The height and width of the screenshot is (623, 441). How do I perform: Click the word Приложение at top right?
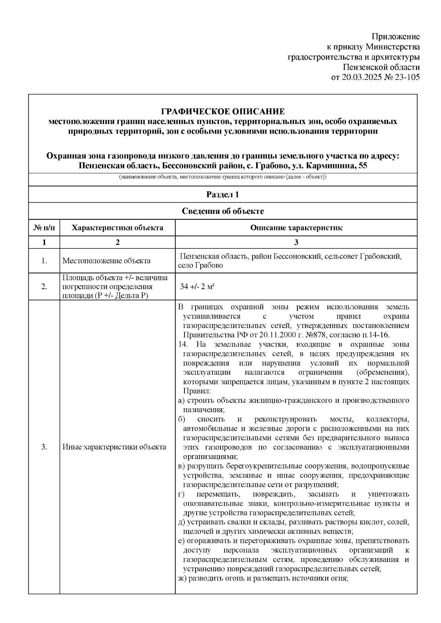tap(395, 37)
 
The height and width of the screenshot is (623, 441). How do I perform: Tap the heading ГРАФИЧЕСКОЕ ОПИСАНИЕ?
tap(223, 112)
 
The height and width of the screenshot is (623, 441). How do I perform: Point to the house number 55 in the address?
tap(362, 165)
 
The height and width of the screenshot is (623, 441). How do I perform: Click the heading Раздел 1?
tap(223, 195)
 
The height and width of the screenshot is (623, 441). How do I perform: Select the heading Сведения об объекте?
tap(223, 211)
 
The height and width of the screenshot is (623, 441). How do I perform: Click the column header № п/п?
tap(44, 228)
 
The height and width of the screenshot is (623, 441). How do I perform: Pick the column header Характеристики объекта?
tap(117, 228)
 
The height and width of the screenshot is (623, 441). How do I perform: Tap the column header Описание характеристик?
tap(296, 228)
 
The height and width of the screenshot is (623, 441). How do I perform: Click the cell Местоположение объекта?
tap(106, 261)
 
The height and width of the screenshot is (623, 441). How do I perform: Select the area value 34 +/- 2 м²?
tap(197, 287)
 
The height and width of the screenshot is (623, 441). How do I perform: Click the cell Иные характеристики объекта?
tap(114, 447)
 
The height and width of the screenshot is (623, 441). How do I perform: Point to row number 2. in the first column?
tap(44, 287)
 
